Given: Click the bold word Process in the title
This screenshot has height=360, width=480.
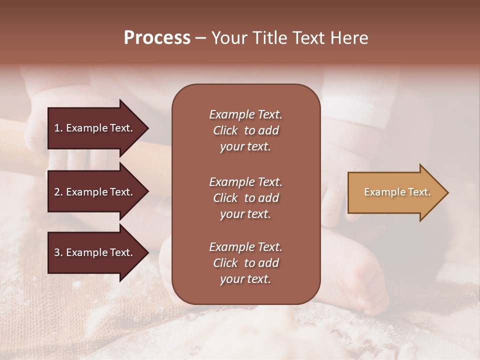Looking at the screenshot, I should coord(157,38).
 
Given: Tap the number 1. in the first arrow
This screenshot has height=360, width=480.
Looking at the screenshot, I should coord(58,128).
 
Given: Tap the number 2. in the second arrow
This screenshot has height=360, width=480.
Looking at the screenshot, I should coord(58,192).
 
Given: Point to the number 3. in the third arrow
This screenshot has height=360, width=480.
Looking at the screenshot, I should coord(58,252).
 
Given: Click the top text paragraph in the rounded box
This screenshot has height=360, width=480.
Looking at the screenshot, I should coord(245,130).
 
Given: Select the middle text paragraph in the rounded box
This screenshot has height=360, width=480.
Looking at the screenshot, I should coord(245,197).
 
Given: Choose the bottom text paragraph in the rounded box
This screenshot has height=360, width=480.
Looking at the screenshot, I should coord(245,263).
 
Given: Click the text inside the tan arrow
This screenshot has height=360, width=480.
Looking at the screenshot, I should coord(397,192).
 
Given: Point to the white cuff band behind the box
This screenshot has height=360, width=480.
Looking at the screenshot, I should coord(345,107).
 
